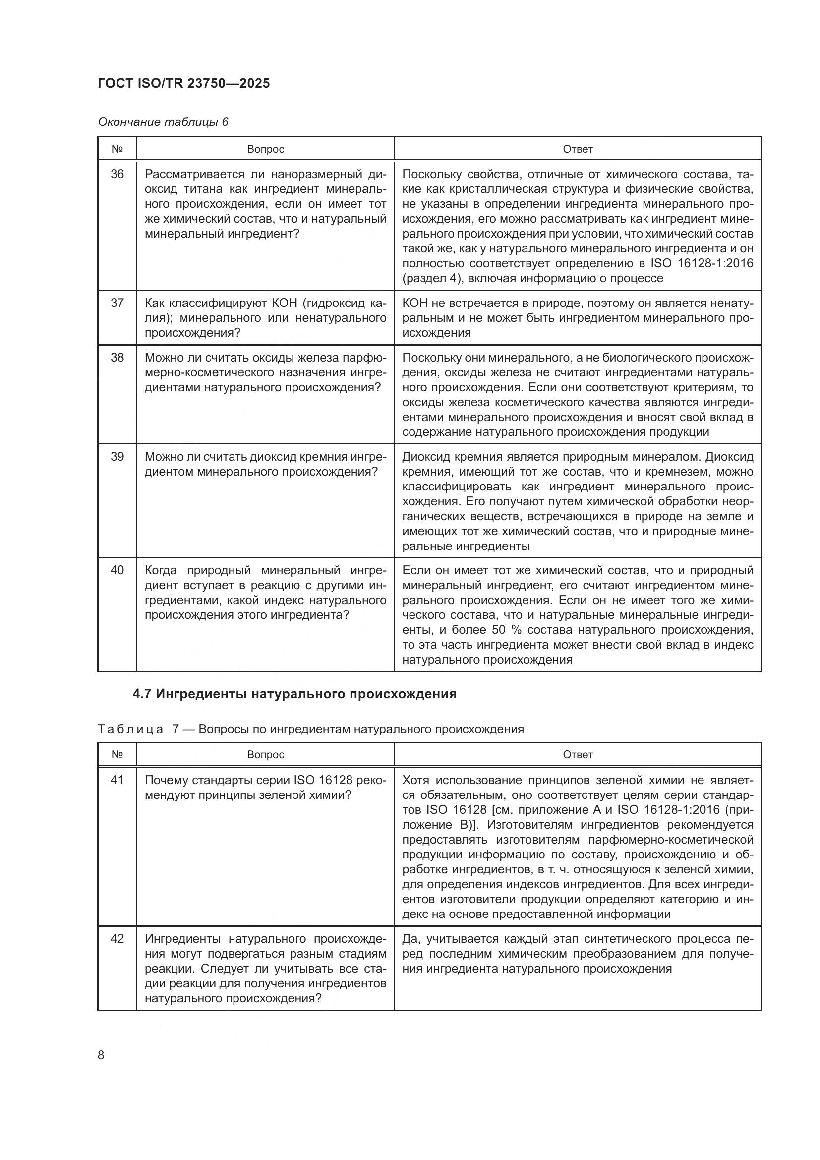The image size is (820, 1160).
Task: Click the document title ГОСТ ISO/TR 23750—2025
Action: coord(184,83)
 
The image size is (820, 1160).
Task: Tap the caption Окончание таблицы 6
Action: coord(163,122)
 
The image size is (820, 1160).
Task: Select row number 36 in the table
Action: coord(117,174)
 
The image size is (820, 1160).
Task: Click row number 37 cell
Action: coord(117,303)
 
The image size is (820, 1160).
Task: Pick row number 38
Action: coord(117,358)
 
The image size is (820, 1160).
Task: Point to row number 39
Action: coord(117,457)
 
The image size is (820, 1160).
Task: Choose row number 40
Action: coord(117,570)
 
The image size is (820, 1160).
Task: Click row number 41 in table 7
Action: coord(117,780)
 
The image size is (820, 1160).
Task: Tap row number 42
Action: coord(117,939)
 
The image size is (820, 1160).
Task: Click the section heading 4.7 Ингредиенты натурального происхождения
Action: coord(294,694)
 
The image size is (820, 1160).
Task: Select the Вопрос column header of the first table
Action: coord(266,149)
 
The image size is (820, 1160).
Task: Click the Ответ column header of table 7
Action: coord(578,754)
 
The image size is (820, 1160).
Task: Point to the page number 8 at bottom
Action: coord(101,1055)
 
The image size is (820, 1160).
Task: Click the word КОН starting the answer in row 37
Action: coord(415,303)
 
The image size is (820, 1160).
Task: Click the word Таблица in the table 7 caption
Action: coord(131,729)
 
